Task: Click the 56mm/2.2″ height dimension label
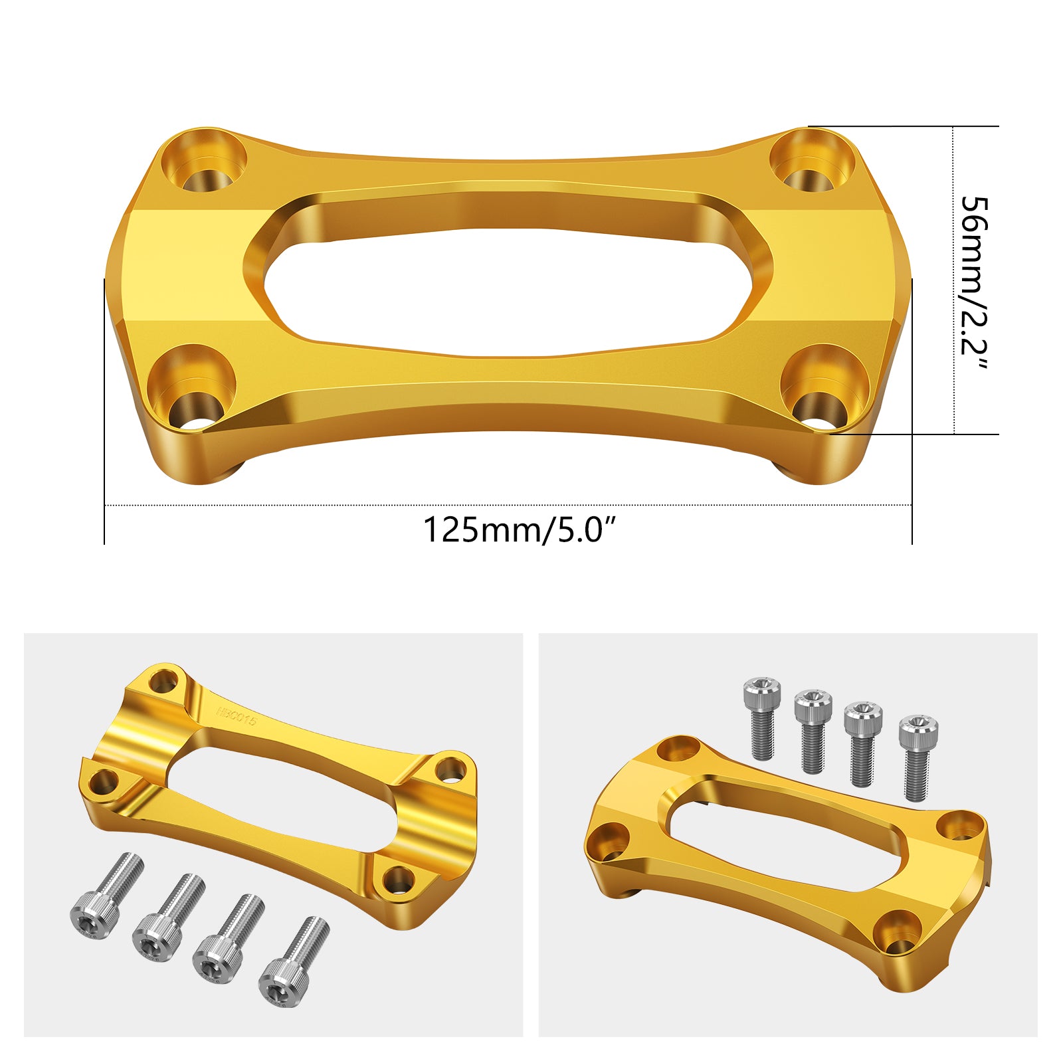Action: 974,284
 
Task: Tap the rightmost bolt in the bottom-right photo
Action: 917,757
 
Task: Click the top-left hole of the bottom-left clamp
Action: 163,681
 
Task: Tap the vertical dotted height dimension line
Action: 953,279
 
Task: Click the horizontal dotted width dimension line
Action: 508,506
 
